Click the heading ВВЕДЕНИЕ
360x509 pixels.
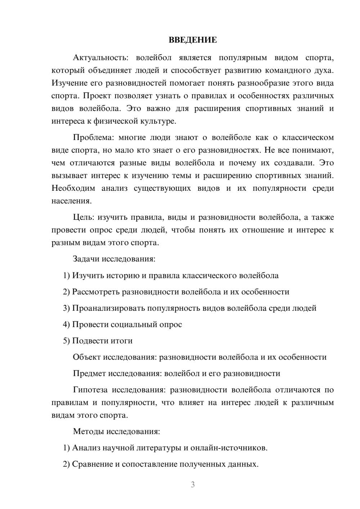[193, 40]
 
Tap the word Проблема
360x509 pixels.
[93, 138]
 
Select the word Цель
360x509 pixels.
[83, 217]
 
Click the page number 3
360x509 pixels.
[193, 485]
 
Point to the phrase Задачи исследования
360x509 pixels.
[114, 259]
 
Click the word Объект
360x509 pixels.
[87, 357]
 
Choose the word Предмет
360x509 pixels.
[89, 373]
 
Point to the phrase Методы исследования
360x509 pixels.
[116, 431]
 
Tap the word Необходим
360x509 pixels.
[73, 188]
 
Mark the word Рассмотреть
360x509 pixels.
[96, 292]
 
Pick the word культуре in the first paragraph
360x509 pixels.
[161, 121]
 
